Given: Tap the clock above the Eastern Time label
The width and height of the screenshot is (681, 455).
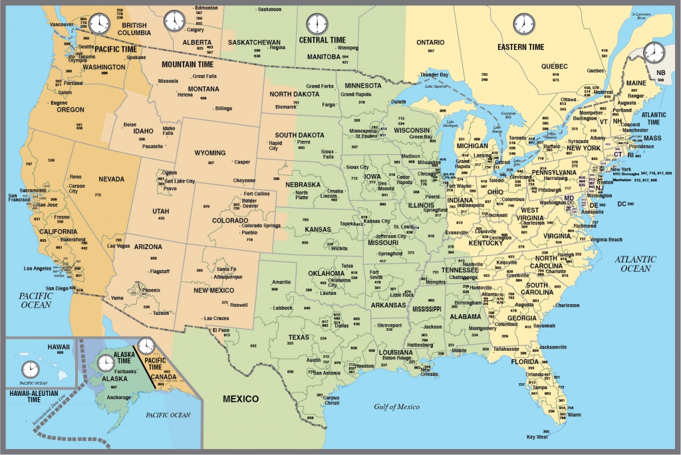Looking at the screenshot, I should click(523, 25).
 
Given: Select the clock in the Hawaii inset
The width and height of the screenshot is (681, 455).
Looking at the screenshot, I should click(30, 369).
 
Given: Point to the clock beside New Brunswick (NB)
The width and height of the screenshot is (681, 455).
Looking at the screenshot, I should click(654, 51).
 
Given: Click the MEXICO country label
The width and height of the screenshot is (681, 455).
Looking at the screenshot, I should click(240, 399).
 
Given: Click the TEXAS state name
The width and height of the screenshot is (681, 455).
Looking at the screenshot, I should click(299, 337).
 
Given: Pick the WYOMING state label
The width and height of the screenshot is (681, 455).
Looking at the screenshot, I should click(209, 153).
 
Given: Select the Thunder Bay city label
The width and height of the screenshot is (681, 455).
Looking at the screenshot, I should click(434, 74).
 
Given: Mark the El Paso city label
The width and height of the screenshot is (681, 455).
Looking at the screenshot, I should click(221, 330).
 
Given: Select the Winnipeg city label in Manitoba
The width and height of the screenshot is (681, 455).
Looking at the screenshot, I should click(352, 48).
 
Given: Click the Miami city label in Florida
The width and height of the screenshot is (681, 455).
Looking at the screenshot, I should click(575, 414).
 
